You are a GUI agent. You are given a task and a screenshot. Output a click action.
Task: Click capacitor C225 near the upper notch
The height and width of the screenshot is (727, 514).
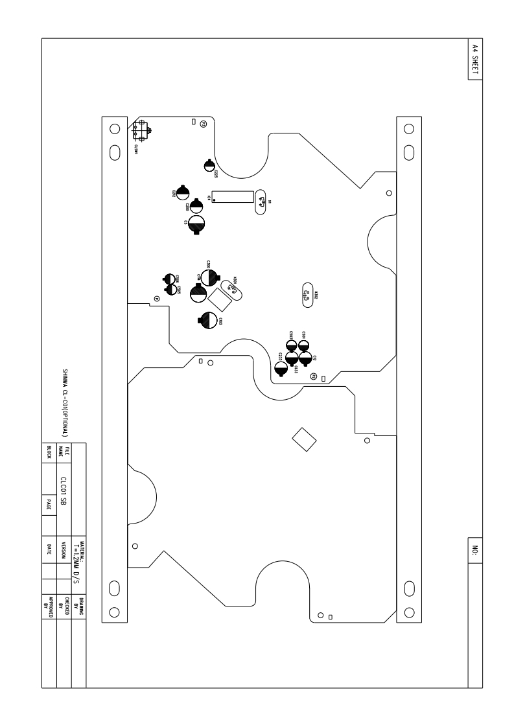[x=209, y=166]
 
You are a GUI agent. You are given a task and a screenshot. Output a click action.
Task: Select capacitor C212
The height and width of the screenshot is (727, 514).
[x=182, y=191]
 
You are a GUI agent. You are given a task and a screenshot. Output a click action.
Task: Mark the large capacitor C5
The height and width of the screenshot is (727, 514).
[x=197, y=225]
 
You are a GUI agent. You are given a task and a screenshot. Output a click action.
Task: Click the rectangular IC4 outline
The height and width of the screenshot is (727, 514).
[x=232, y=197]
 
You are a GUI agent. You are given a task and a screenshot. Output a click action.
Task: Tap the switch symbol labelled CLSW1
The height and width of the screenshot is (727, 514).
[x=141, y=132]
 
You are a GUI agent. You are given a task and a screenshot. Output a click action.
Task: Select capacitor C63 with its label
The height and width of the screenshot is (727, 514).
[x=208, y=319]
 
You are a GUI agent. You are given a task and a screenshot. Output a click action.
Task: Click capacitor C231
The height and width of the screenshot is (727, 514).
[x=281, y=367]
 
